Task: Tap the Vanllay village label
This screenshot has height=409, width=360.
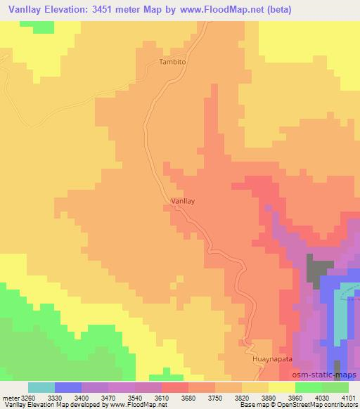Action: point(183,201)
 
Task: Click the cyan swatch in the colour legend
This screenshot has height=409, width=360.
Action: point(41,387)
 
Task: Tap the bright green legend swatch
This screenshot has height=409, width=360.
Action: point(308,387)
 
